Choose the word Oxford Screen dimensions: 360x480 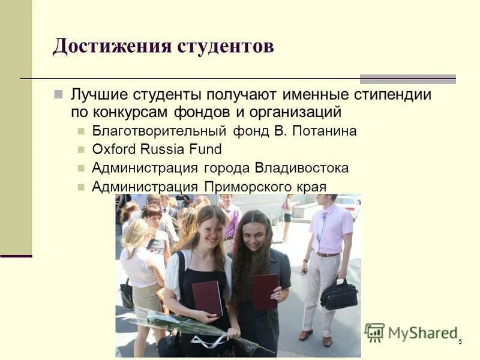[113, 149]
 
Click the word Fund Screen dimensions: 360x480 [208, 149]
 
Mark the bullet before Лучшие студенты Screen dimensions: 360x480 [58, 95]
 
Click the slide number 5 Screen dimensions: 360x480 [460, 341]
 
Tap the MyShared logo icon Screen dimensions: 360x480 [374, 332]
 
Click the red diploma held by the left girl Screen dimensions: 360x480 [207, 298]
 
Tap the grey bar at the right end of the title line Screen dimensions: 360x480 [408, 79]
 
